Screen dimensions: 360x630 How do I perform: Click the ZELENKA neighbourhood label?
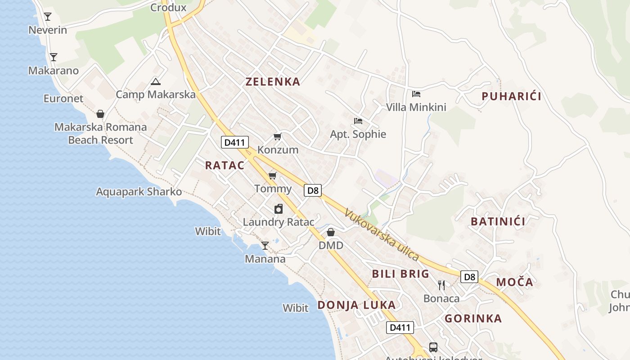[x=273, y=81]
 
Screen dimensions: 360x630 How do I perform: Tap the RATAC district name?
[x=225, y=165]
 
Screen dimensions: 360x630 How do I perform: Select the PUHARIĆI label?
[x=511, y=96]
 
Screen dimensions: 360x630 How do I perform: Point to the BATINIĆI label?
[x=498, y=221]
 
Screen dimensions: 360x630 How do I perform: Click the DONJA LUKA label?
[x=356, y=305]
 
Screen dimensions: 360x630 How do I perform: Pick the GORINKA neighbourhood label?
[x=473, y=319]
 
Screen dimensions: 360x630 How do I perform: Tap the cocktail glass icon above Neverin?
[x=48, y=17]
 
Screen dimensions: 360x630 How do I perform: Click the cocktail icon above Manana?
[x=265, y=246]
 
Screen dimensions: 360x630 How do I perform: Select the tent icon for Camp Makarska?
[x=155, y=81]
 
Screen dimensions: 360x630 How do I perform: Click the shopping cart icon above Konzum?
[x=278, y=136]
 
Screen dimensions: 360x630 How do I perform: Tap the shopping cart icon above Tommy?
[x=272, y=175]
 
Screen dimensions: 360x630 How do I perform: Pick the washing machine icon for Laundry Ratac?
[x=279, y=209]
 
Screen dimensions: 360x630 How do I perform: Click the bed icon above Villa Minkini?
[x=416, y=94]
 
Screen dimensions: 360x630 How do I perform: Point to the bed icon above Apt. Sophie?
[x=358, y=121]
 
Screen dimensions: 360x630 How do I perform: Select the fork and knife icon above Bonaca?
[x=441, y=285]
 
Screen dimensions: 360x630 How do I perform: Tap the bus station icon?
[x=433, y=347]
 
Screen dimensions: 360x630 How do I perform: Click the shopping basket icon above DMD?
[x=331, y=232]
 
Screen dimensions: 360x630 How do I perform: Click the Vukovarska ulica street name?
[x=382, y=235]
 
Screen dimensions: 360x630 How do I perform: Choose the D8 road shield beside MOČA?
[x=469, y=277]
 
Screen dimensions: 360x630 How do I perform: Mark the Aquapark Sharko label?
[x=139, y=192]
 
